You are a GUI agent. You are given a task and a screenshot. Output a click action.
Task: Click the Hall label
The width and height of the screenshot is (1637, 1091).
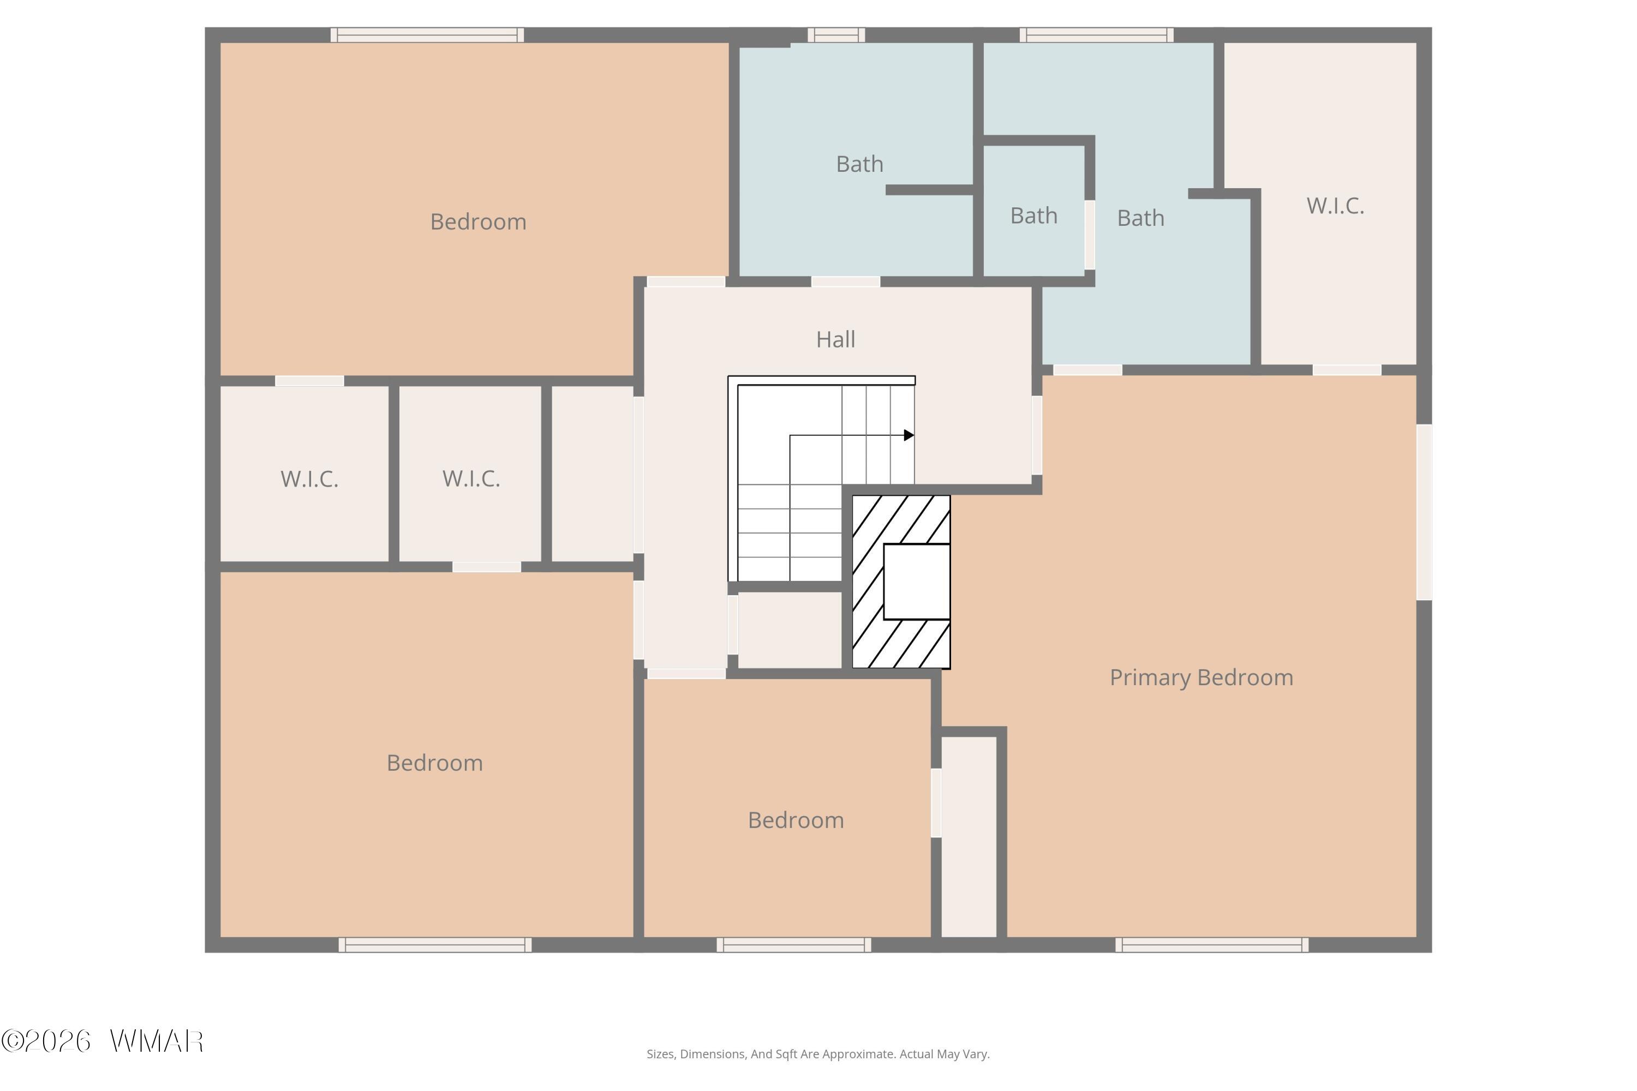[x=835, y=339]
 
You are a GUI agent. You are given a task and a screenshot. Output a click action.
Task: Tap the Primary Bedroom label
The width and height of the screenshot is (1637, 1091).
[x=1202, y=678]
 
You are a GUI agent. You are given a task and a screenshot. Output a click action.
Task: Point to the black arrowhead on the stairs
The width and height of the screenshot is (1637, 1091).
[x=909, y=435]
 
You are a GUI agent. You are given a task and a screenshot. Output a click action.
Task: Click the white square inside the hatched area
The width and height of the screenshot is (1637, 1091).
[x=917, y=582]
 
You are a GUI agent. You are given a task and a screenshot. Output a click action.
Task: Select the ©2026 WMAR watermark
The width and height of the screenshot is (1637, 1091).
[x=103, y=1041]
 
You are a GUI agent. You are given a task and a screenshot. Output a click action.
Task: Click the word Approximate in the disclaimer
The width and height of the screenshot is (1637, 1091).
[x=861, y=1054]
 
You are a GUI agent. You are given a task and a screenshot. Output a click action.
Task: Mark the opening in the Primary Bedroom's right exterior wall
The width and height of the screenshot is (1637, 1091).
[x=1424, y=512]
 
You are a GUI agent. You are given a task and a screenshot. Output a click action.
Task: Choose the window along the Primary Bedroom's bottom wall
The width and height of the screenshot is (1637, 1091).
[x=1212, y=944]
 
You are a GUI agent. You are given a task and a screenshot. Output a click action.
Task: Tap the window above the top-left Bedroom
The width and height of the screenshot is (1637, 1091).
[x=427, y=35]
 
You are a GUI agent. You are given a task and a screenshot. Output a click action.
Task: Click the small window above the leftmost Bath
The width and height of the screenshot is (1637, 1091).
[x=836, y=35]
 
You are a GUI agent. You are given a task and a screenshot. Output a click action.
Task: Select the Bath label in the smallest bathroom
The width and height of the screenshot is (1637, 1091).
[x=1033, y=215]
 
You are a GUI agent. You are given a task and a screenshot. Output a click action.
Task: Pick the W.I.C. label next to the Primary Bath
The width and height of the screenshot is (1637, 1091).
[x=1335, y=206]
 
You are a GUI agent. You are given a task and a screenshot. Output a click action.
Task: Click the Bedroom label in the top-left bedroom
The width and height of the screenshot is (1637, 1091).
[x=478, y=222]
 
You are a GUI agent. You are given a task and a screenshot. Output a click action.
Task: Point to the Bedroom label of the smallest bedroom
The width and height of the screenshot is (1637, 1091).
[x=796, y=820]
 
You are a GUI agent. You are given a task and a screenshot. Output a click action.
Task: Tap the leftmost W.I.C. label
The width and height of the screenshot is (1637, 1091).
[x=309, y=479]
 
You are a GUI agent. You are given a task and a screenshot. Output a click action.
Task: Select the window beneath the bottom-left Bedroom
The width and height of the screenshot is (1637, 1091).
[x=435, y=944]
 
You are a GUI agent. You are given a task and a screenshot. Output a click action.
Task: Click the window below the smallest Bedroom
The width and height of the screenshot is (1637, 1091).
[x=793, y=944]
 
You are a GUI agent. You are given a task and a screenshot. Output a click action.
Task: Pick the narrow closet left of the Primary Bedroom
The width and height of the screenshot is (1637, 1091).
[x=969, y=837]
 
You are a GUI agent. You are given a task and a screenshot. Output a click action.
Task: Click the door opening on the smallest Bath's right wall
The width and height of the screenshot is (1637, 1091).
[x=1090, y=235]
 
